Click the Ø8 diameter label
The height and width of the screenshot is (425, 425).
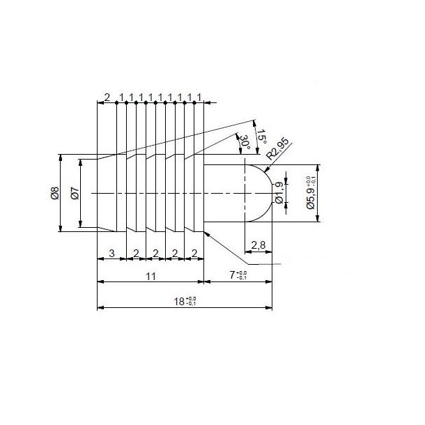coord(54,193)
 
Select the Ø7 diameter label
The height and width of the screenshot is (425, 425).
coord(75,193)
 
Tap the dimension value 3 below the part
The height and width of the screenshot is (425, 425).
coord(111,252)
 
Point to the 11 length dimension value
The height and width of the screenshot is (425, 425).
coord(149,276)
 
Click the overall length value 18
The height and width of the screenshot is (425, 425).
coord(184,301)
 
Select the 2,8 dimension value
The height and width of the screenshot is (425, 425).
coord(257,244)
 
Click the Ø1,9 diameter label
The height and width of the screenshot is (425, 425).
coord(279,192)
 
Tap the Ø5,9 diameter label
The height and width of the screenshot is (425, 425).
coord(311,193)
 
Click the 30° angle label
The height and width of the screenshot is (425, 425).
coord(244,144)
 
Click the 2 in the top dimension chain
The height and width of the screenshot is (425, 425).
coord(107,96)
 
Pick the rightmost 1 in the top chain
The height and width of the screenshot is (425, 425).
coord(200,96)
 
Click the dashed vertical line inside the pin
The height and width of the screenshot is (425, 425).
coord(245,202)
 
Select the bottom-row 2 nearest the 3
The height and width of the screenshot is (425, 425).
coord(136,252)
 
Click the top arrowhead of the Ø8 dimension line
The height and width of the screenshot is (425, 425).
coord(61,156)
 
